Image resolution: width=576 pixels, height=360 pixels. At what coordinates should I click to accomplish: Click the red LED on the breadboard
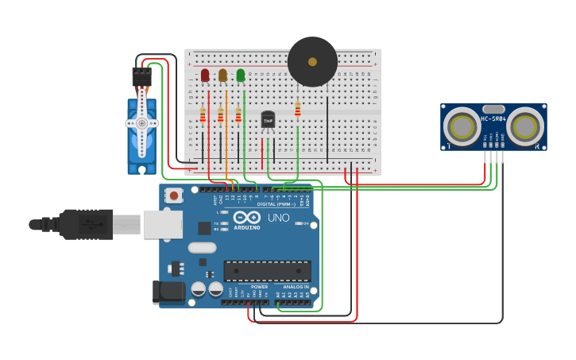coord(205,75)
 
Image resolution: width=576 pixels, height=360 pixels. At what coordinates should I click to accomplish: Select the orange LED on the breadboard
coord(222,75)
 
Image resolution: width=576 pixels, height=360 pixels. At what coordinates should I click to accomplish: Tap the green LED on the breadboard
coord(241,75)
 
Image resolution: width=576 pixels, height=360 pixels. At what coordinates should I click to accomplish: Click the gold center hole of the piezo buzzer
coord(312,61)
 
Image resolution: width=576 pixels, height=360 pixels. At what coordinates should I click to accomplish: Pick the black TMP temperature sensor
coord(268,119)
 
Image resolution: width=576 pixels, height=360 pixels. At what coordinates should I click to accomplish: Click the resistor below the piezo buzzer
coord(298,109)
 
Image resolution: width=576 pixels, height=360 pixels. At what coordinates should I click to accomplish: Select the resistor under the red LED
coord(203,115)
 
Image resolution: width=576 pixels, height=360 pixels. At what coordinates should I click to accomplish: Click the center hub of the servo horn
coord(141,123)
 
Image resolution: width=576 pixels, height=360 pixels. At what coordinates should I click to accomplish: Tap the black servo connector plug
coord(141,75)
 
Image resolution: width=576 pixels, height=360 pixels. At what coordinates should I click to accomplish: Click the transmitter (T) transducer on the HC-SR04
coord(461,126)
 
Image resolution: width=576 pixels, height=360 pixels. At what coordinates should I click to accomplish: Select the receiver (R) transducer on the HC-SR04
coord(525,126)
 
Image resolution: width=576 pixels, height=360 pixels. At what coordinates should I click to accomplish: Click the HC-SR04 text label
coord(493,118)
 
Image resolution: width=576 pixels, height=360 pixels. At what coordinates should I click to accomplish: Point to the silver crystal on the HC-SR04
coord(493,109)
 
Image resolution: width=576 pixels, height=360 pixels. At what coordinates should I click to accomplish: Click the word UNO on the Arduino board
coord(278,218)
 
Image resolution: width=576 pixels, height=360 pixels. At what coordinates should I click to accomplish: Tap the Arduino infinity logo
coord(247,217)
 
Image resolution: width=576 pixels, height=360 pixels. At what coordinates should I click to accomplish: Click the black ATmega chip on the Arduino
coord(267,270)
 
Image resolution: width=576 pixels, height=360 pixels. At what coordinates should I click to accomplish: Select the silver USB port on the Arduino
coord(162,224)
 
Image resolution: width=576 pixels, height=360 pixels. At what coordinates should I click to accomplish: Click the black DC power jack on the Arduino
coord(168,292)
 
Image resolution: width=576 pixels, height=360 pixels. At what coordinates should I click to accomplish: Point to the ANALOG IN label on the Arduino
coord(296,287)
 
